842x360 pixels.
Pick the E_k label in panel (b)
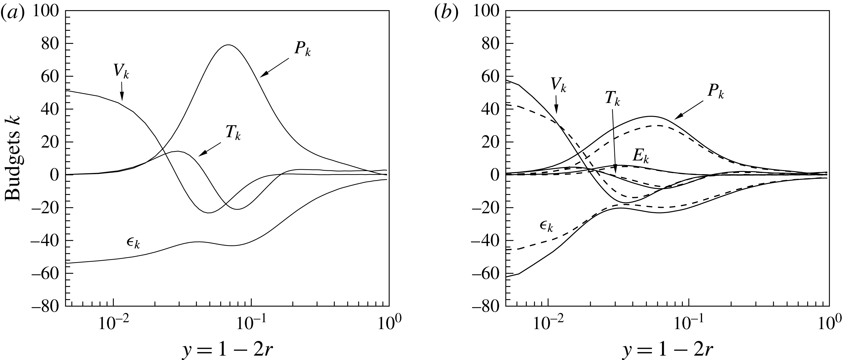641,157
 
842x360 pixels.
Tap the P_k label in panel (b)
715,92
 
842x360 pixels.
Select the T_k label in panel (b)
612,99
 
